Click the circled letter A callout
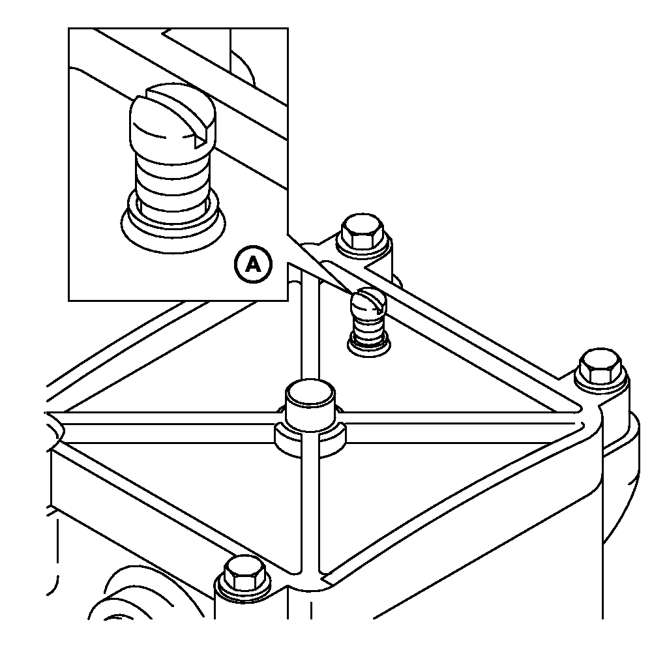[253, 264]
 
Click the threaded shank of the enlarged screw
[173, 179]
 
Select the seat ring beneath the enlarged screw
[173, 227]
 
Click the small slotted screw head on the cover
[369, 303]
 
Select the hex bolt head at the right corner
[600, 366]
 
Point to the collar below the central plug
[310, 441]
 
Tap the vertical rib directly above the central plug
[310, 329]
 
